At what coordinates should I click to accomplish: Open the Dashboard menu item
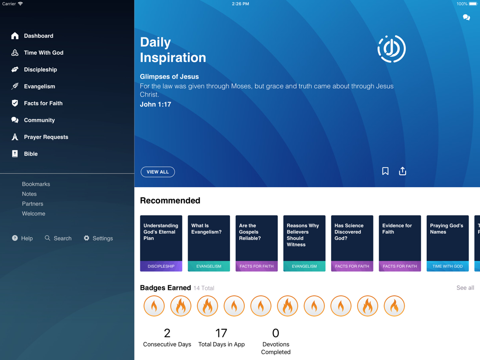pyautogui.click(x=38, y=36)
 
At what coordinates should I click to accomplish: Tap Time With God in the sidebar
pyautogui.click(x=44, y=53)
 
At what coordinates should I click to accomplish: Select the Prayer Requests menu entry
pyautogui.click(x=46, y=137)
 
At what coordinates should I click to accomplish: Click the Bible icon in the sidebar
pyautogui.click(x=15, y=154)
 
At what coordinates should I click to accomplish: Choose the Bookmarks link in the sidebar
pyautogui.click(x=36, y=184)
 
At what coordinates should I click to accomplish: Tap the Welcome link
pyautogui.click(x=34, y=214)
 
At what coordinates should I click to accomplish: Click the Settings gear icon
pyautogui.click(x=86, y=238)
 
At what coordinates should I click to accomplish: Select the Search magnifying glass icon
pyautogui.click(x=48, y=238)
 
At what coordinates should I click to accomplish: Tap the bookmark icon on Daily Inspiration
pyautogui.click(x=385, y=171)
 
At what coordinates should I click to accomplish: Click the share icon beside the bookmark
pyautogui.click(x=403, y=171)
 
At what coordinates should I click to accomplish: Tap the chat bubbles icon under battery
pyautogui.click(x=466, y=17)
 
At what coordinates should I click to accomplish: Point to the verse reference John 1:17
pyautogui.click(x=156, y=104)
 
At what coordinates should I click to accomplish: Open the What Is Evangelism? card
pyautogui.click(x=209, y=243)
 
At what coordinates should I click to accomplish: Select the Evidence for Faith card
pyautogui.click(x=400, y=243)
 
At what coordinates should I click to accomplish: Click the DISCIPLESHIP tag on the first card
pyautogui.click(x=161, y=266)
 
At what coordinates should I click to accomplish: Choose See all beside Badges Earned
pyautogui.click(x=465, y=288)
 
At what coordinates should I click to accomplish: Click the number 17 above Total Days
pyautogui.click(x=221, y=333)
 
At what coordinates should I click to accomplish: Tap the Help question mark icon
pyautogui.click(x=15, y=238)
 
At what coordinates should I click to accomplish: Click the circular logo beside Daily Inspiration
pyautogui.click(x=392, y=49)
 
